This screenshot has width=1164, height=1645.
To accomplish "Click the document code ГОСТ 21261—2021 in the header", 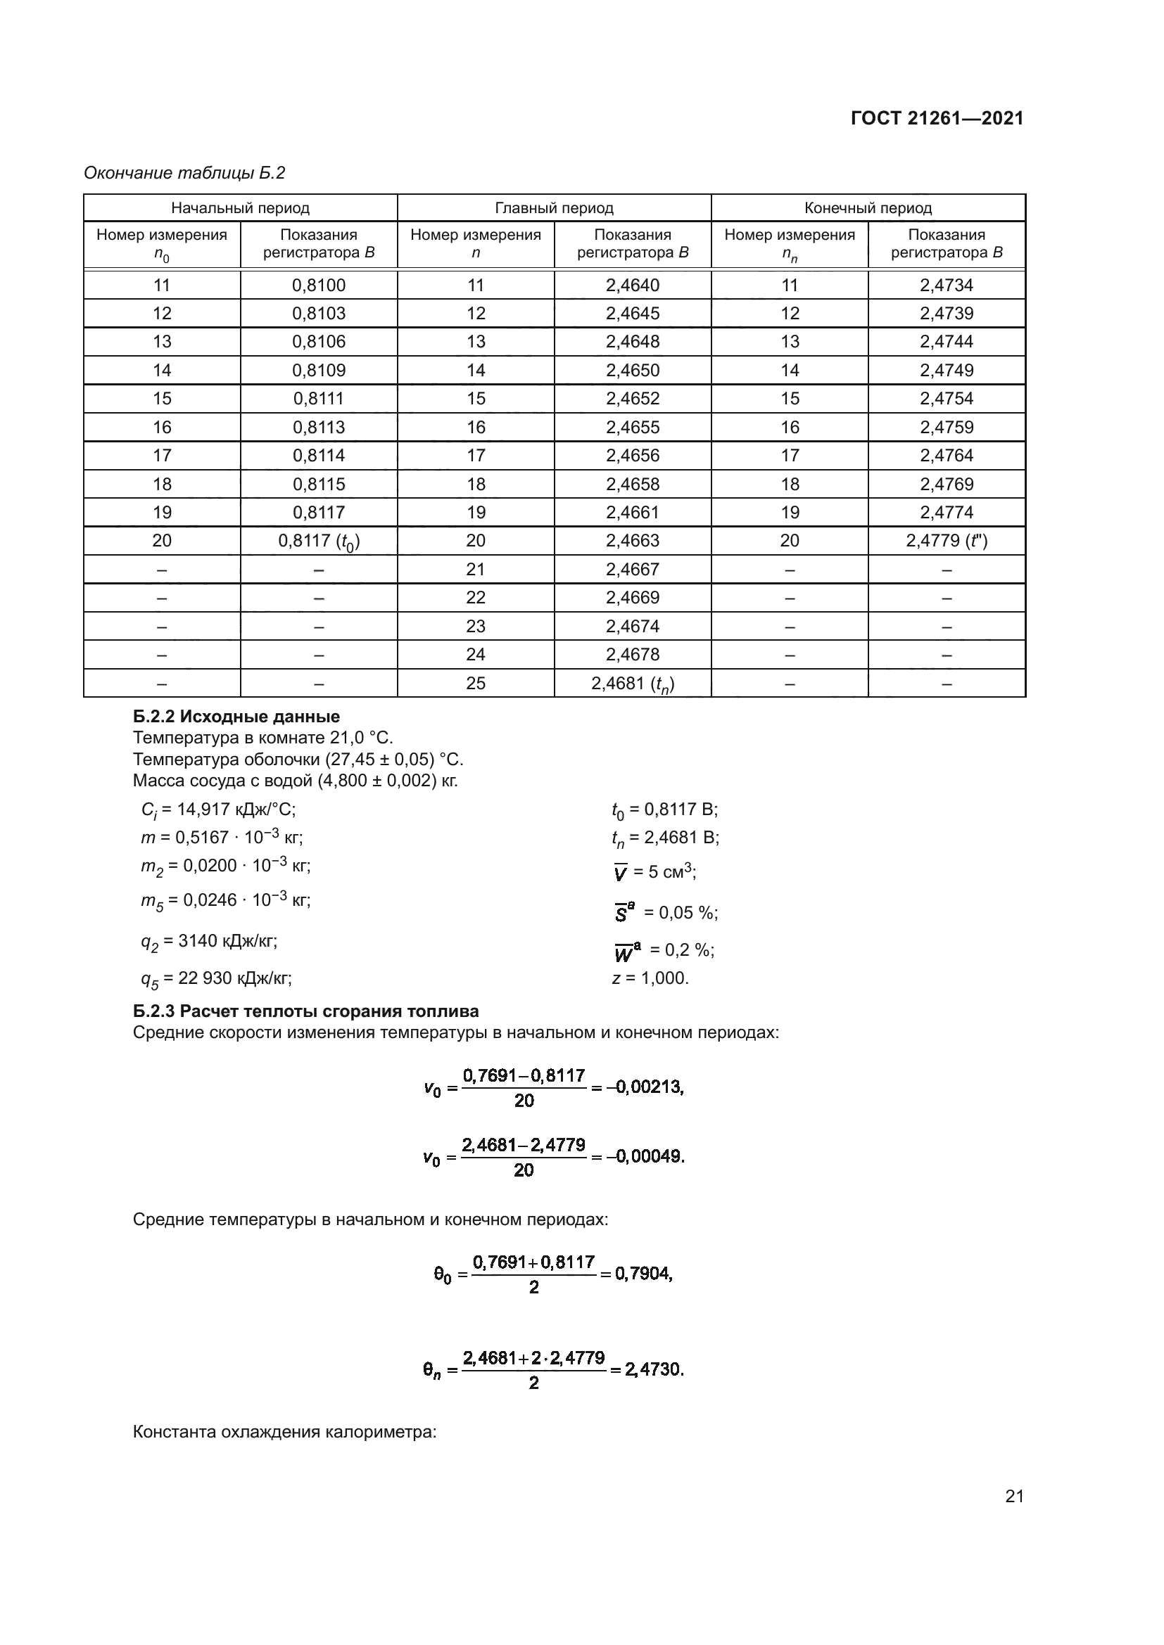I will coord(937,119).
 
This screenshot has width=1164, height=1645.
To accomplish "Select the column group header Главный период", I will coord(554,207).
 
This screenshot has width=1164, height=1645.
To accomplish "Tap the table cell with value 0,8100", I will coord(318,285).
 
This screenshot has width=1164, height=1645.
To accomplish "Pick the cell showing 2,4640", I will coord(632,285).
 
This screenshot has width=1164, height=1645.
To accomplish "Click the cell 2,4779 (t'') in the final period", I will coord(946,540).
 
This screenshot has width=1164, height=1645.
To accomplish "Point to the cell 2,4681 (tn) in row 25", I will coord(632,684).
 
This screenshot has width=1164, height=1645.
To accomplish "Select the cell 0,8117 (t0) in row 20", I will coord(318,541).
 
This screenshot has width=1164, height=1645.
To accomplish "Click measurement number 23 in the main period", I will coord(475,626).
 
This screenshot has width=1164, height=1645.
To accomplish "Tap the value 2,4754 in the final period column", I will coord(946,398).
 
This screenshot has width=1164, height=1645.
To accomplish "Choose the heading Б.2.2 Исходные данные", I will coord(236,717).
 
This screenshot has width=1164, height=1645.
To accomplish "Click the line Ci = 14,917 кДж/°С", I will coord(219,809).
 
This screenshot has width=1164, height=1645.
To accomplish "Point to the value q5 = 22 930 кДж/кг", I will coord(217,978).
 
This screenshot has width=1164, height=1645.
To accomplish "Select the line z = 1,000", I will coord(650,978).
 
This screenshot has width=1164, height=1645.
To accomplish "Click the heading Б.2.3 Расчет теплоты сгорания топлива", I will coord(306,1011).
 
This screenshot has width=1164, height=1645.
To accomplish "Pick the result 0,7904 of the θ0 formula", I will coord(643,1274).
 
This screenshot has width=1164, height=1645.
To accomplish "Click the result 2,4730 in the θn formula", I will coord(654,1369).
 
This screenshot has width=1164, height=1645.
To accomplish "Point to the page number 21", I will coord(1014,1496).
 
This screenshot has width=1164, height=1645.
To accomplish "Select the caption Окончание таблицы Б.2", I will coord(184,173).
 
